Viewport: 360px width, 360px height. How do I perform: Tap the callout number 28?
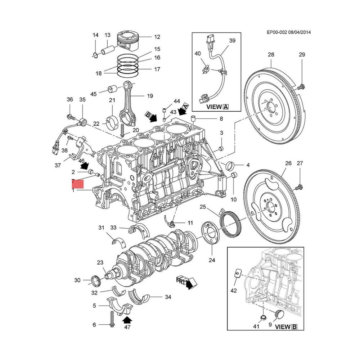270,54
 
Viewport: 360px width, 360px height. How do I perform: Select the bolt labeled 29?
301,86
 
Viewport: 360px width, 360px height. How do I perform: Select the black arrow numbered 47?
127,319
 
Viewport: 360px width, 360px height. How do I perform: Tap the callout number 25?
203,207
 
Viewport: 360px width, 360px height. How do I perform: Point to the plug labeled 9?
279,314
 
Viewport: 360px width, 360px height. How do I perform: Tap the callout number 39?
232,41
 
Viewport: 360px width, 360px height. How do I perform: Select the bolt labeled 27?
298,187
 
